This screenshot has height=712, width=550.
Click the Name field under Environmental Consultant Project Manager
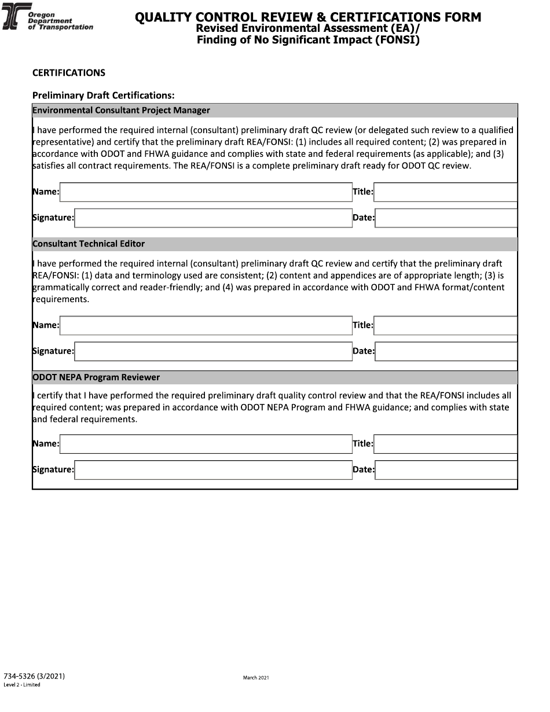click(x=206, y=192)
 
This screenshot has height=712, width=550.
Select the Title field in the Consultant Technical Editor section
click(x=445, y=325)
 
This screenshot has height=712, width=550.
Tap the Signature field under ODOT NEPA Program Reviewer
click(x=213, y=470)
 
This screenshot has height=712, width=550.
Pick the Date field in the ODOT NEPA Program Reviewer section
click(x=446, y=470)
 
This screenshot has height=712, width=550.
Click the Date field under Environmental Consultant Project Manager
click(x=446, y=218)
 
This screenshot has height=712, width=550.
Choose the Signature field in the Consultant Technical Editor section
click(x=213, y=351)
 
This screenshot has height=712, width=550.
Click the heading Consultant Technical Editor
click(x=89, y=244)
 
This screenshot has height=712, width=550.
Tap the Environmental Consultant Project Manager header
click(x=121, y=111)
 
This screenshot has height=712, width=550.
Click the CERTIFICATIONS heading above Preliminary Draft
click(x=68, y=73)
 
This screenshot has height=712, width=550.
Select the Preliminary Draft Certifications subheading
click(x=103, y=96)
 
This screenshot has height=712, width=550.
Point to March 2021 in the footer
click(x=256, y=677)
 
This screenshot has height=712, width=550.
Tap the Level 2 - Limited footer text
click(x=22, y=685)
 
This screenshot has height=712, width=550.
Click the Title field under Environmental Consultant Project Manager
click(x=445, y=192)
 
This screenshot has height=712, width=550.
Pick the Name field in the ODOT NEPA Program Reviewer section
click(x=206, y=444)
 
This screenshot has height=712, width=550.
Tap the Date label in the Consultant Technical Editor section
click(x=363, y=351)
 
